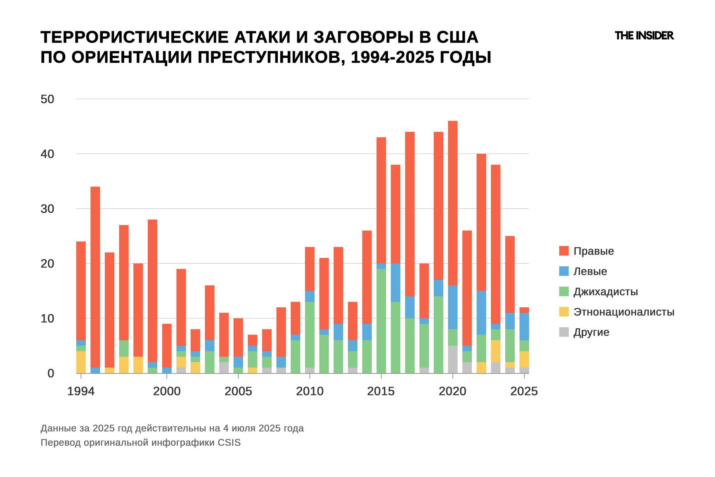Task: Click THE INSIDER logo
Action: [644, 36]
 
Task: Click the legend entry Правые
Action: [593, 251]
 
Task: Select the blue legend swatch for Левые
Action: [563, 271]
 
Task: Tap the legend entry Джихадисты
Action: [605, 292]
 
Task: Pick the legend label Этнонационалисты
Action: [623, 312]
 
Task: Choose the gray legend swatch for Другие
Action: [563, 332]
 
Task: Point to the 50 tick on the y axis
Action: [47, 99]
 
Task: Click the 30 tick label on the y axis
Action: [47, 209]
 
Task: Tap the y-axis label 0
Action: [51, 373]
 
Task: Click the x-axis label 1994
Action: [81, 391]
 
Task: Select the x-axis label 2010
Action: [310, 391]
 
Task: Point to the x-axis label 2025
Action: [524, 391]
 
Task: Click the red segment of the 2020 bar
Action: [452, 202]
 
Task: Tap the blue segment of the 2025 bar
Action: [524, 326]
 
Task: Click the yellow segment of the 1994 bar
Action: [81, 362]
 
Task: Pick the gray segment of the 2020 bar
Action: [452, 359]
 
